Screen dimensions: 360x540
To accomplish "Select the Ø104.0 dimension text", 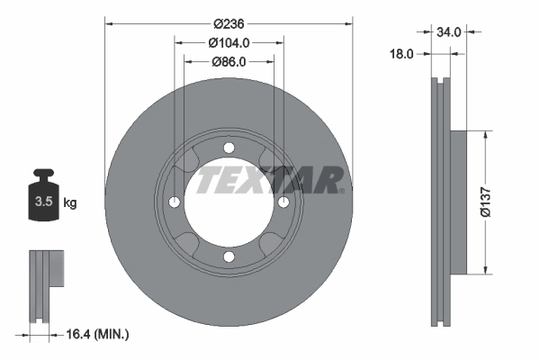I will (x=229, y=43).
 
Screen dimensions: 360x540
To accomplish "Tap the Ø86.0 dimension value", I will (x=229, y=62).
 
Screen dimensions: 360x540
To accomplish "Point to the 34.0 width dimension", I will (x=448, y=31).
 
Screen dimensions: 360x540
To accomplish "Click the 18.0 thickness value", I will (x=402, y=54).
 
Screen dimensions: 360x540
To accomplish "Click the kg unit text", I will (x=70, y=202).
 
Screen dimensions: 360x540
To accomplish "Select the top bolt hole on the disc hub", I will (x=229, y=148).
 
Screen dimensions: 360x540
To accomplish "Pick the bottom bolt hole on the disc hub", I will (x=229, y=258).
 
